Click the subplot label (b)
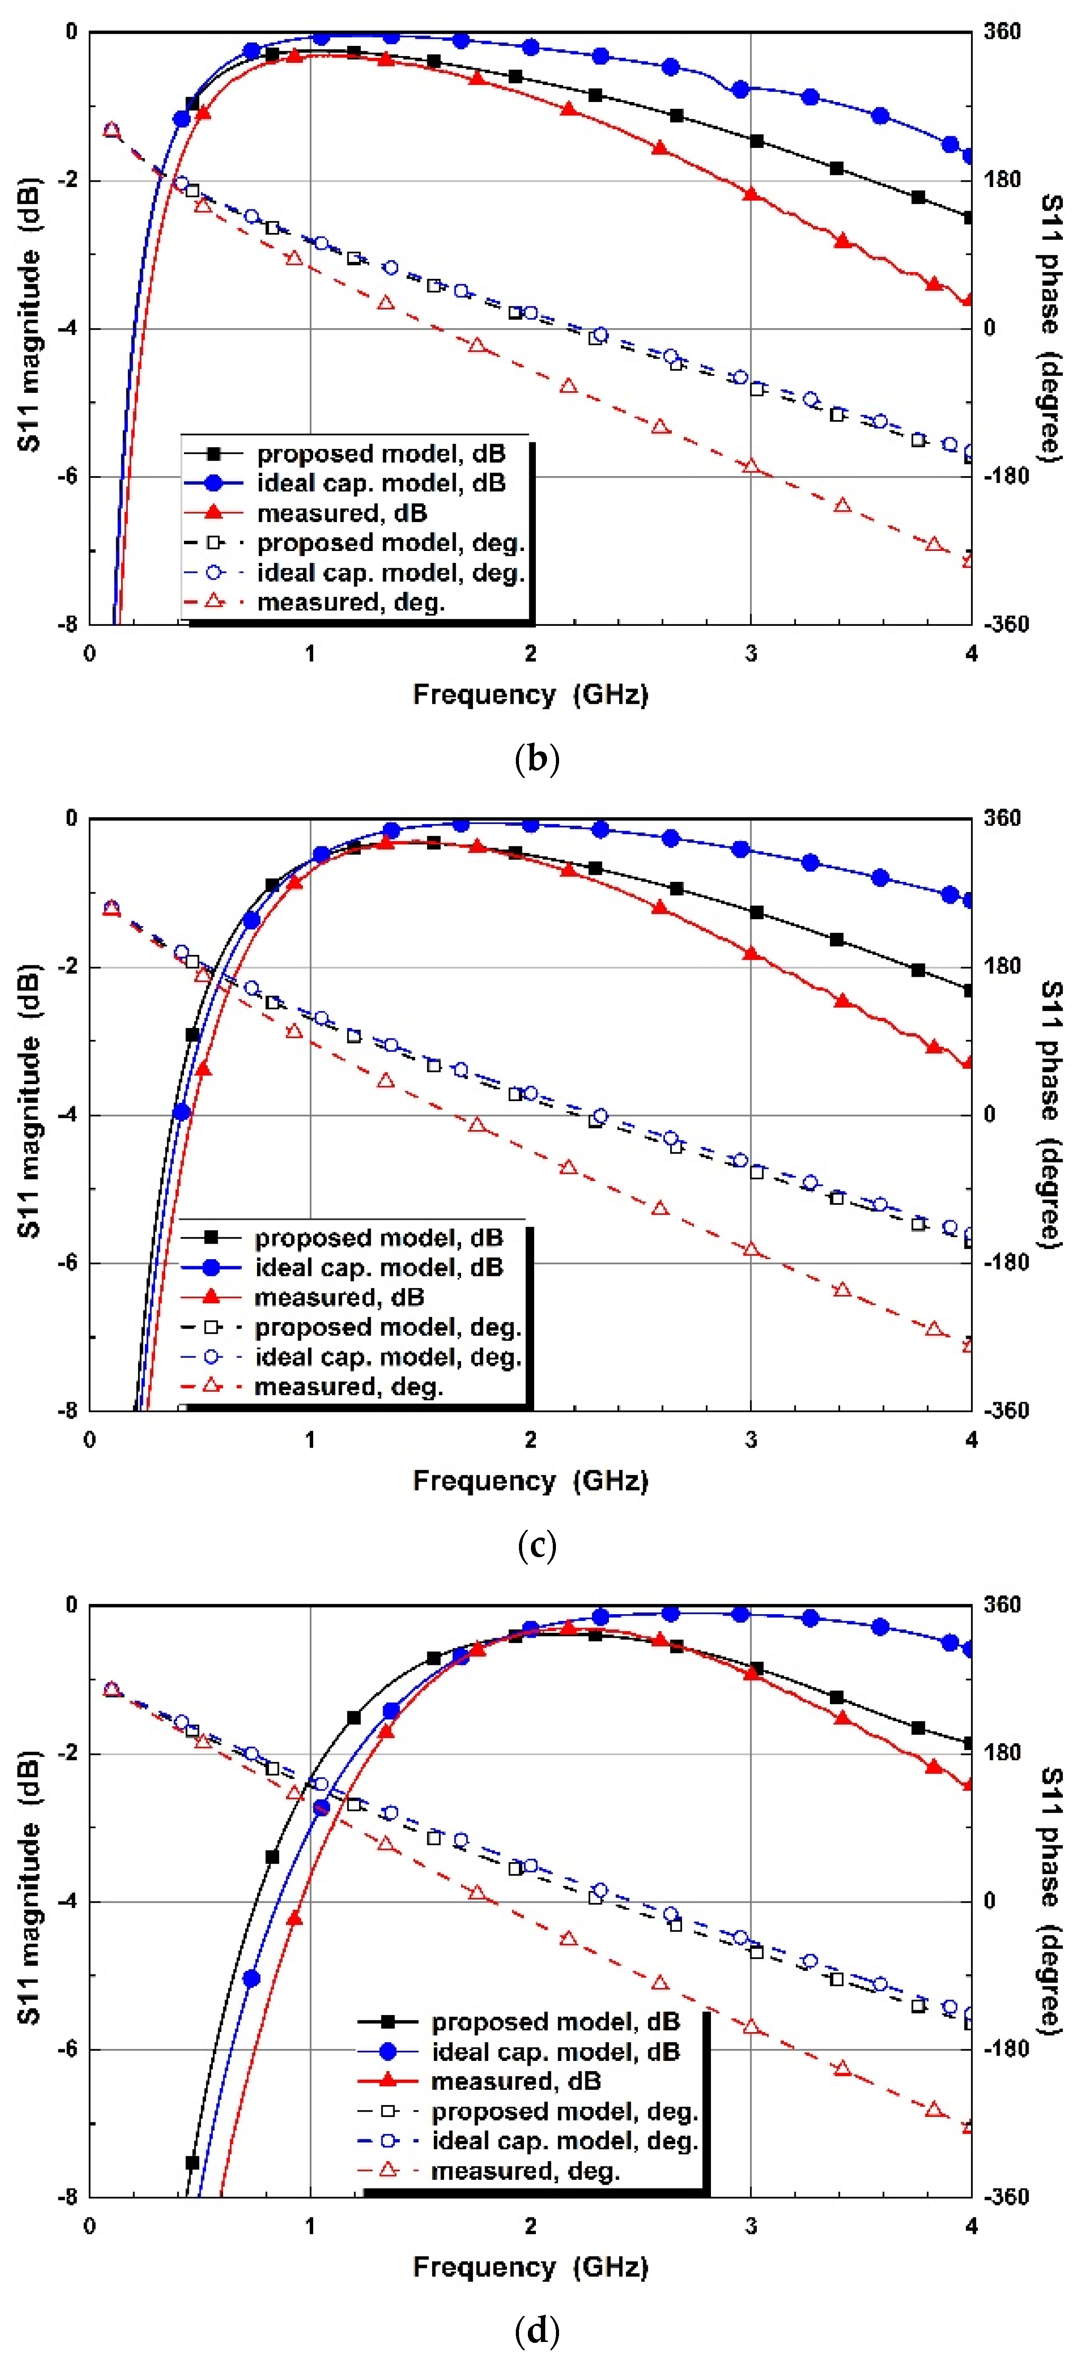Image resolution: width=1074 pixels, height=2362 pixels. point(536,759)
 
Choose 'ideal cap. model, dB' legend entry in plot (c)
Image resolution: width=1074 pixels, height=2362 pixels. point(379,1267)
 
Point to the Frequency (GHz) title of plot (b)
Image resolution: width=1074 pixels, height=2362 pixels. point(530,694)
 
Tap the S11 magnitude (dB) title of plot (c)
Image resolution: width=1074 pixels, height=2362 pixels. point(29,1100)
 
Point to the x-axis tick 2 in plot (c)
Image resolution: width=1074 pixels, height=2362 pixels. point(530,1440)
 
